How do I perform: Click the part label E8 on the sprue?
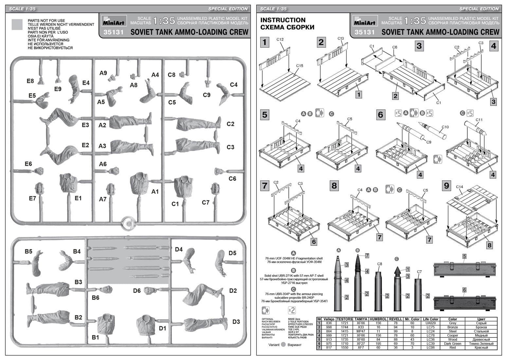pyautogui.click(x=30, y=81)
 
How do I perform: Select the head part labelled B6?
pyautogui.click(x=105, y=290)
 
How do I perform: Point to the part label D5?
pyautogui.click(x=232, y=253)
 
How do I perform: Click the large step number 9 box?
pyautogui.click(x=447, y=186)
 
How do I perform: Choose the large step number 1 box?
pyautogui.click(x=264, y=42)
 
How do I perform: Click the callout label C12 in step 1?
pyautogui.click(x=280, y=40)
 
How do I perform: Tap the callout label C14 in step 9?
pyautogui.click(x=460, y=187)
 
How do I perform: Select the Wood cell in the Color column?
pyautogui.click(x=453, y=339)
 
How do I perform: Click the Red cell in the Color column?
pyautogui.click(x=453, y=348)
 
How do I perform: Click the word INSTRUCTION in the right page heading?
pyautogui.click(x=283, y=20)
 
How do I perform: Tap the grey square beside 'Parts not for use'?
pyautogui.click(x=17, y=25)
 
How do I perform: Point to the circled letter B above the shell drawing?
pyautogui.click(x=357, y=250)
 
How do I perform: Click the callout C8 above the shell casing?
pyautogui.click(x=379, y=264)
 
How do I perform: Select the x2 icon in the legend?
pyautogui.click(x=292, y=310)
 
